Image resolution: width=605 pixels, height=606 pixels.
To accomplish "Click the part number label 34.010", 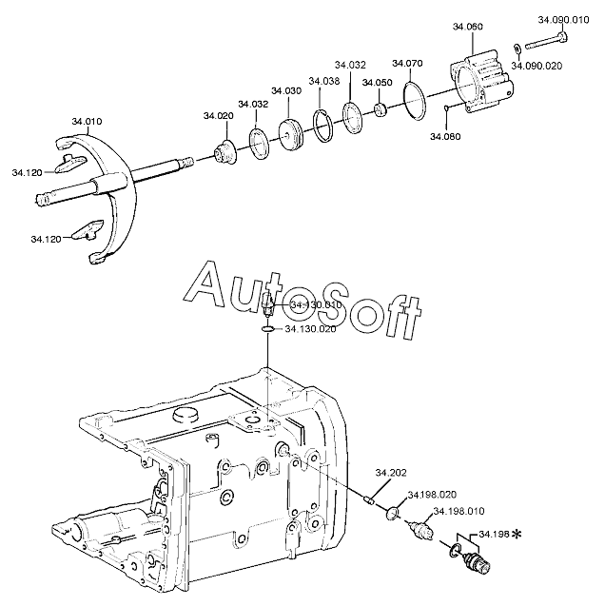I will pyautogui.click(x=87, y=122).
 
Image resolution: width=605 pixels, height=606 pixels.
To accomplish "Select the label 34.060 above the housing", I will pyautogui.click(x=470, y=28).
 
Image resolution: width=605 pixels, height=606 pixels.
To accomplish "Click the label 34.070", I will pyautogui.click(x=407, y=64).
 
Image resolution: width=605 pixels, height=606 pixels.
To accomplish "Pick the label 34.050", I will pyautogui.click(x=377, y=83).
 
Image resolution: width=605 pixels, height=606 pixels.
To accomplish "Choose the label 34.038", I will pyautogui.click(x=324, y=82).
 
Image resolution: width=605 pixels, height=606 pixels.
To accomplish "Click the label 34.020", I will pyautogui.click(x=217, y=116).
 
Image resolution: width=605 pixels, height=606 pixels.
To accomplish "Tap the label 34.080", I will pyautogui.click(x=444, y=136).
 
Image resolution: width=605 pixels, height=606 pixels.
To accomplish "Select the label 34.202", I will pyautogui.click(x=390, y=473).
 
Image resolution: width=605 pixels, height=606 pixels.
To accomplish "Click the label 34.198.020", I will pyautogui.click(x=432, y=495).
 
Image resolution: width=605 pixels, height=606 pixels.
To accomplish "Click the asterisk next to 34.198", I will pyautogui.click(x=516, y=536).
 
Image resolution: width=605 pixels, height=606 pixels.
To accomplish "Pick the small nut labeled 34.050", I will pyautogui.click(x=380, y=110).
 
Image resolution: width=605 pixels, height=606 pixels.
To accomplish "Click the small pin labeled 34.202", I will pyautogui.click(x=372, y=498).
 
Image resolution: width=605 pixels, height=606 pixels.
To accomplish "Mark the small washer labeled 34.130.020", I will pyautogui.click(x=269, y=330).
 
